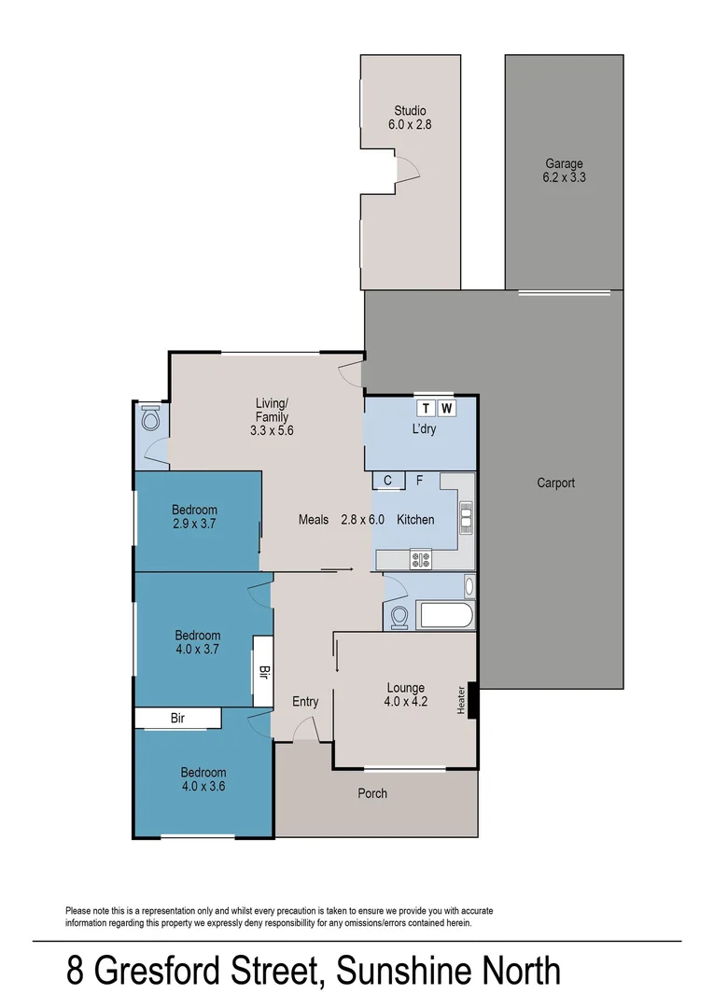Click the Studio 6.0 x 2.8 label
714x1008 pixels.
(x=410, y=118)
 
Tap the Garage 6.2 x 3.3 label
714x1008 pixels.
(x=565, y=170)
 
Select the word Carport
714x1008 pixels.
(x=555, y=483)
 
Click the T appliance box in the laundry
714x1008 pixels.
(x=426, y=408)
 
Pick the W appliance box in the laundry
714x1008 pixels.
(x=446, y=408)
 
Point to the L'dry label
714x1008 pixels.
(x=423, y=429)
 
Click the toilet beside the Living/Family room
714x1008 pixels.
(x=149, y=418)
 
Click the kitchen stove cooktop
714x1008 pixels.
(x=421, y=560)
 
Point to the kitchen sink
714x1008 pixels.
(x=466, y=515)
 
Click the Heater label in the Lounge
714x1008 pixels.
(x=461, y=700)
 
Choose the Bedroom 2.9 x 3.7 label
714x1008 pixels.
(x=194, y=517)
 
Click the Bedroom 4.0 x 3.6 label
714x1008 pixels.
(x=203, y=779)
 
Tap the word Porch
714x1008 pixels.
(x=372, y=793)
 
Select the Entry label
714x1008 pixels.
(x=305, y=702)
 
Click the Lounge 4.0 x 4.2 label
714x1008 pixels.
(x=406, y=695)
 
